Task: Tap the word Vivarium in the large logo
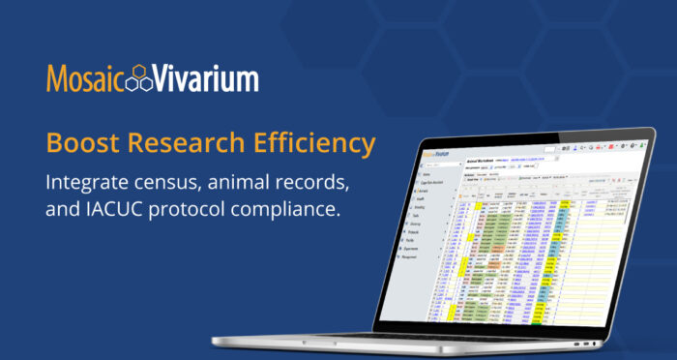click(209, 79)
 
